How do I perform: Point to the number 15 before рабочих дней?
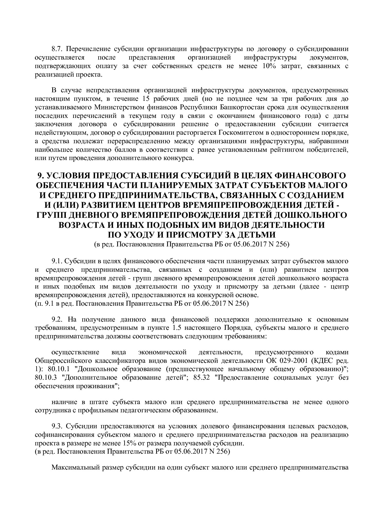pyautogui.click(x=145, y=98)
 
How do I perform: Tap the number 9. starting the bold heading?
pyautogui.click(x=40, y=176)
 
